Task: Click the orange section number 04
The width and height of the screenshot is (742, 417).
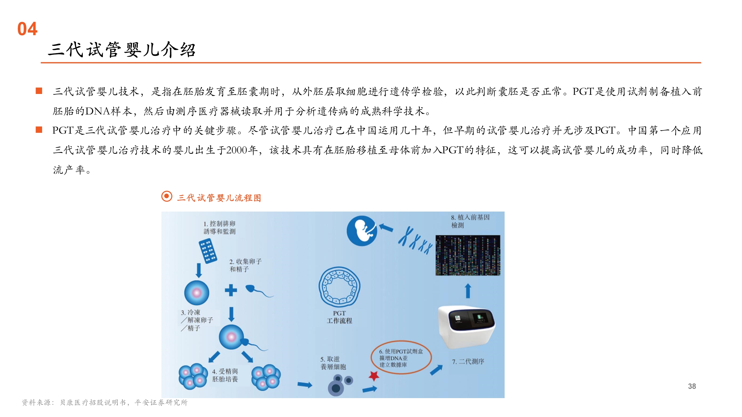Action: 27,29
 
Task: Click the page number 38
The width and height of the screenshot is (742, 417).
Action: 692,386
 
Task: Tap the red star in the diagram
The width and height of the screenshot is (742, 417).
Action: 374,376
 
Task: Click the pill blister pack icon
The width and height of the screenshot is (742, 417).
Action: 208,250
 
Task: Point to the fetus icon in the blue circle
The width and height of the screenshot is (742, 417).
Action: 362,231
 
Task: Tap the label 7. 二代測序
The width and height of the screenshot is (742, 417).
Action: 468,361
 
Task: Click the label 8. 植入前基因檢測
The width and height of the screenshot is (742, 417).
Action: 470,221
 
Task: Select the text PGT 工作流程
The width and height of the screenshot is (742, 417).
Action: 339,317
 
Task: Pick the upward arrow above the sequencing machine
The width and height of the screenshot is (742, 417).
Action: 468,291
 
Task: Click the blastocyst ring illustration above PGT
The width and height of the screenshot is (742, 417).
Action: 339,287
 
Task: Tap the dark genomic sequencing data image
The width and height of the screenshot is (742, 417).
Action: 468,255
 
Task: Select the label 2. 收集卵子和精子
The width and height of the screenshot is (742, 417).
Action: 245,265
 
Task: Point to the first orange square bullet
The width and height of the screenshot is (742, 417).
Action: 39,91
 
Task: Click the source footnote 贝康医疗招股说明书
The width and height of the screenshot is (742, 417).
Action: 93,402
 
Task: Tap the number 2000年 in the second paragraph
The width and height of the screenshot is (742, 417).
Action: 242,150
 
